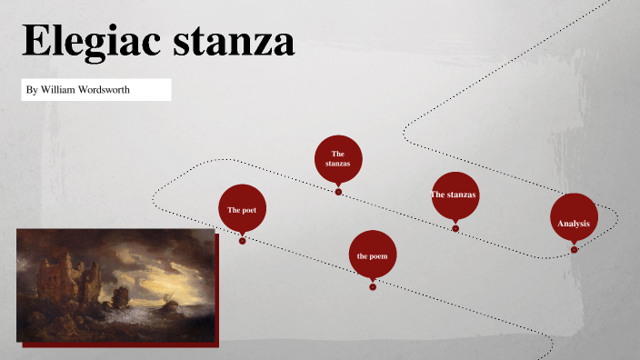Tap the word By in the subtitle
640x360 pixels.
33,90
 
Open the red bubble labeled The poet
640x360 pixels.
242,209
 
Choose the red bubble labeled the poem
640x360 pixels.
372,255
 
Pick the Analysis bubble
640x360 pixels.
574,222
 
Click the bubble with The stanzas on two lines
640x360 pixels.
338,158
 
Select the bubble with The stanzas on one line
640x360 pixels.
455,195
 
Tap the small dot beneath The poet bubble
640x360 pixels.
243,241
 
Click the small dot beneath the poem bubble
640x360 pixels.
373,287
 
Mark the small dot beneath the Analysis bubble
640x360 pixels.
574,250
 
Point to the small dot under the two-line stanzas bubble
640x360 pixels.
338,192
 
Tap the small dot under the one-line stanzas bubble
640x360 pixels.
455,228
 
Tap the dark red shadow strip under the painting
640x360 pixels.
123,344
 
